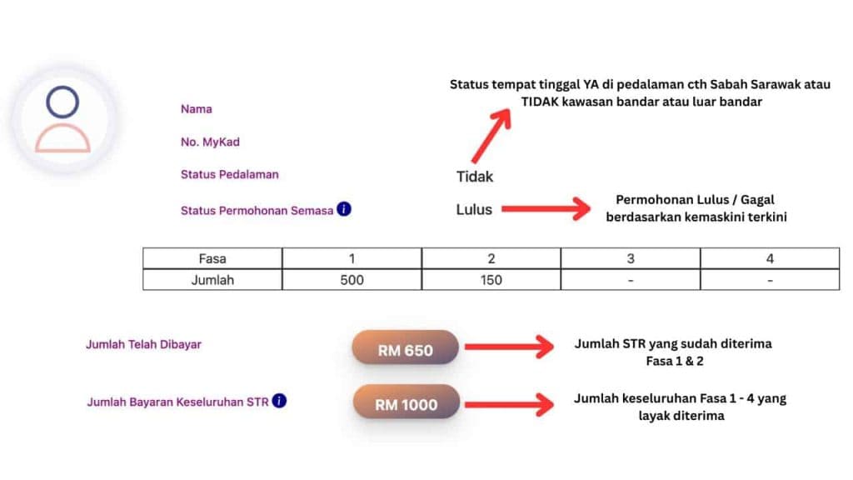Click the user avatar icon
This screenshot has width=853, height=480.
pos(62,118)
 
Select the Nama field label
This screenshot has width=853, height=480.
pos(197,109)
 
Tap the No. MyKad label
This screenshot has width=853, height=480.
pos(210,142)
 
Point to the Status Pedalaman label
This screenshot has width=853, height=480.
pos(230,175)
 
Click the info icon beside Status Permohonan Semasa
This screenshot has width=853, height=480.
pos(344,209)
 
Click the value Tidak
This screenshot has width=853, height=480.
pos(475,177)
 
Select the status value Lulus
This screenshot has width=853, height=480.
pos(474,209)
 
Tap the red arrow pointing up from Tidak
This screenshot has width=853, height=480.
pos(491,136)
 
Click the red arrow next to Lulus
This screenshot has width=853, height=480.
pos(546,209)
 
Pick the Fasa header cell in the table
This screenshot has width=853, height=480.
pos(212,258)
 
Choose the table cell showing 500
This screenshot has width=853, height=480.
pos(352,280)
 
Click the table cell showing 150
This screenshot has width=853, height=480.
pos(491,280)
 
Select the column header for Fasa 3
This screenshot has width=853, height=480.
pos(631,258)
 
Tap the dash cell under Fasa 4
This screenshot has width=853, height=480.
pos(770,280)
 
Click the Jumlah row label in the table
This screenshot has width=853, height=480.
pos(212,280)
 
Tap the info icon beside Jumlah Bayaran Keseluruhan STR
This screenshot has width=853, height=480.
pos(279,401)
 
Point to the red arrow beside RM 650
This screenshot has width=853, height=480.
pos(509,347)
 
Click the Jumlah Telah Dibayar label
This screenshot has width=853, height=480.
pos(143,344)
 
